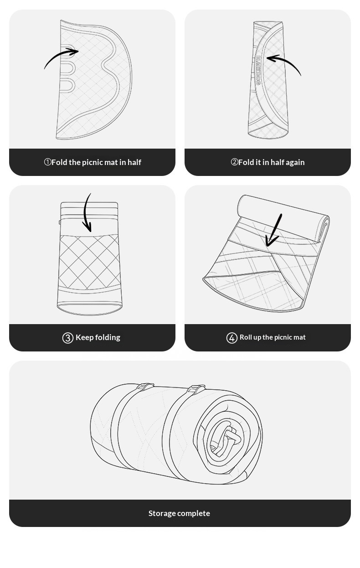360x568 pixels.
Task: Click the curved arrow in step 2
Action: tap(287, 61)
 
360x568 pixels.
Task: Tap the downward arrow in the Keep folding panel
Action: tap(85, 213)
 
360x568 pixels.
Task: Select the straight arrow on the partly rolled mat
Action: tap(274, 230)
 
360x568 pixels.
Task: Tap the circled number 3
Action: tap(68, 338)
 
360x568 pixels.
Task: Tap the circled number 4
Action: tap(231, 338)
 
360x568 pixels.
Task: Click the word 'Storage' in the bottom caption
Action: tap(162, 513)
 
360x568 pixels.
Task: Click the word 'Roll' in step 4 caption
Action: tap(245, 337)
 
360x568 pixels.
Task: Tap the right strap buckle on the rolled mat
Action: tap(196, 389)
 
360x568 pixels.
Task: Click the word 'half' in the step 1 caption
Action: tap(134, 162)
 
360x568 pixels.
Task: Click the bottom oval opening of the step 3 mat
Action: tap(90, 308)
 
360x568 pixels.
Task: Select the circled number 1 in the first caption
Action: tap(48, 162)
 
